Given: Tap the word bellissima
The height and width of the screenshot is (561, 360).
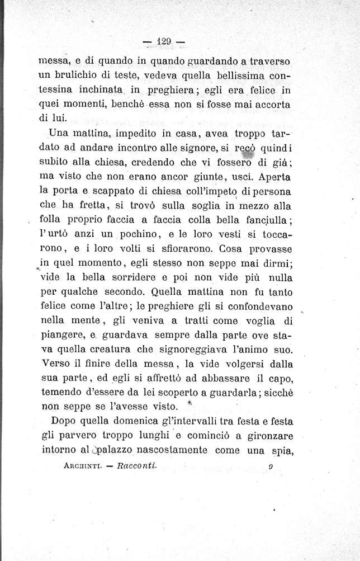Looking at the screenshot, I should (239, 75).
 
